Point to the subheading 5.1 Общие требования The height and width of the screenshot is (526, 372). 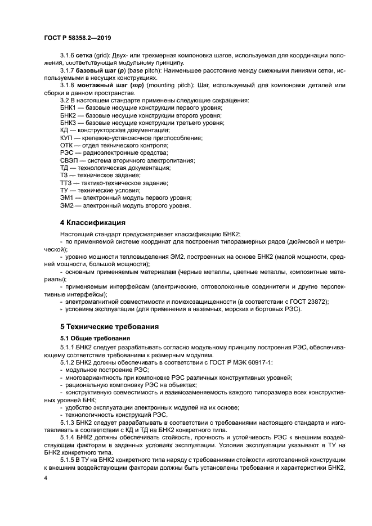point(95,338)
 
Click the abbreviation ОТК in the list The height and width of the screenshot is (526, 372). point(66,145)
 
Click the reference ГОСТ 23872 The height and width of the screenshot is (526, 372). point(307,301)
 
